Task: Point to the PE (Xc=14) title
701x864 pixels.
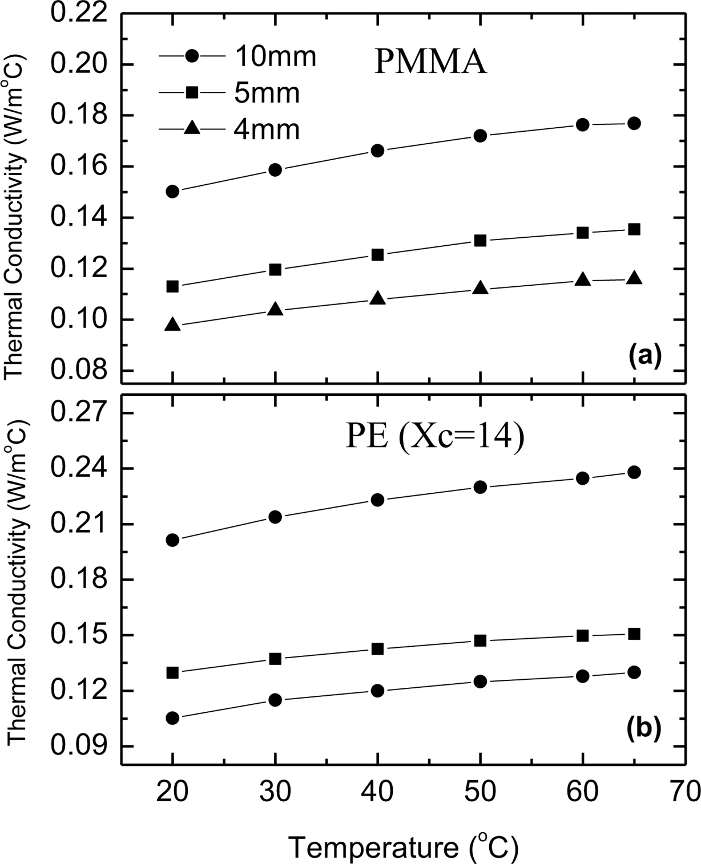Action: coord(434,439)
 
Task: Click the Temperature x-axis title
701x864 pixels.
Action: coord(403,847)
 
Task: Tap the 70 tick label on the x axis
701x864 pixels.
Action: coord(684,793)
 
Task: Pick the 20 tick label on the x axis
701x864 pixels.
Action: coord(172,793)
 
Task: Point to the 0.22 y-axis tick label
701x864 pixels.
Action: coord(80,14)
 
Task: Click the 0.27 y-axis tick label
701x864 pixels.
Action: coord(80,413)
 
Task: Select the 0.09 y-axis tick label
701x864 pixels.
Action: coord(80,746)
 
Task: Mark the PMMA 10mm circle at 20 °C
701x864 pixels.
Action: coord(172,192)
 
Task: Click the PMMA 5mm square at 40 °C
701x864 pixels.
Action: coord(377,255)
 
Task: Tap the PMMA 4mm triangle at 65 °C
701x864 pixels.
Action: coord(634,278)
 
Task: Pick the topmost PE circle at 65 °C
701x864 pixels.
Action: coord(634,472)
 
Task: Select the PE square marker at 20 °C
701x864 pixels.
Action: coord(172,672)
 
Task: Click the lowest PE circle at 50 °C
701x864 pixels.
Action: coord(480,682)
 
